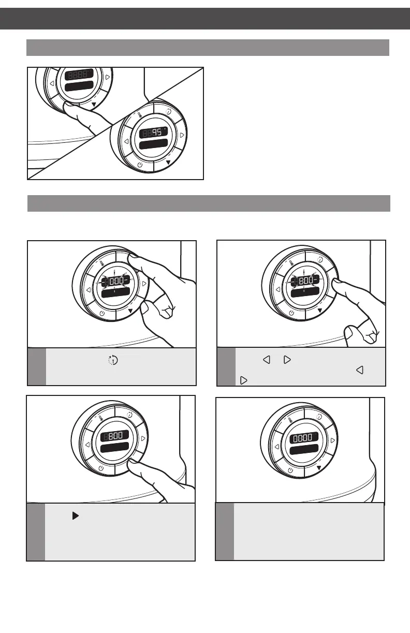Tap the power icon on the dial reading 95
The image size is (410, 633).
click(x=140, y=165)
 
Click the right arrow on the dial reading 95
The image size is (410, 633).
click(x=182, y=135)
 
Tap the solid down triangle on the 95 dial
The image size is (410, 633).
click(x=168, y=161)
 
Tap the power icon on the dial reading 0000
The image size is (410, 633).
click(x=290, y=469)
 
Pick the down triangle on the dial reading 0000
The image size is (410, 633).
click(x=319, y=467)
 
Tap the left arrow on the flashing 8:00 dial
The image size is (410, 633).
click(x=279, y=289)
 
